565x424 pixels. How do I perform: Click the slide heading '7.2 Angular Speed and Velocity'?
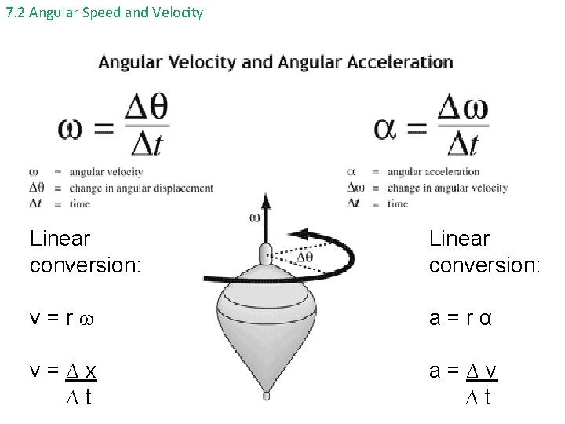click(104, 13)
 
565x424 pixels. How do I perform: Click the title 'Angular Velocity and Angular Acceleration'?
click(275, 62)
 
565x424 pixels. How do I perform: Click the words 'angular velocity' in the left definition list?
click(106, 172)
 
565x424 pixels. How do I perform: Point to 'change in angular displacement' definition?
click(141, 188)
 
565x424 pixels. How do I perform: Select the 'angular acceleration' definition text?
click(433, 172)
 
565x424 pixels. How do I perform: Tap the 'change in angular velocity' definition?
click(447, 188)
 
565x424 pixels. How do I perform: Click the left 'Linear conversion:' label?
click(85, 251)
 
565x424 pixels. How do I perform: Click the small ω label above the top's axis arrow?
click(254, 217)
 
